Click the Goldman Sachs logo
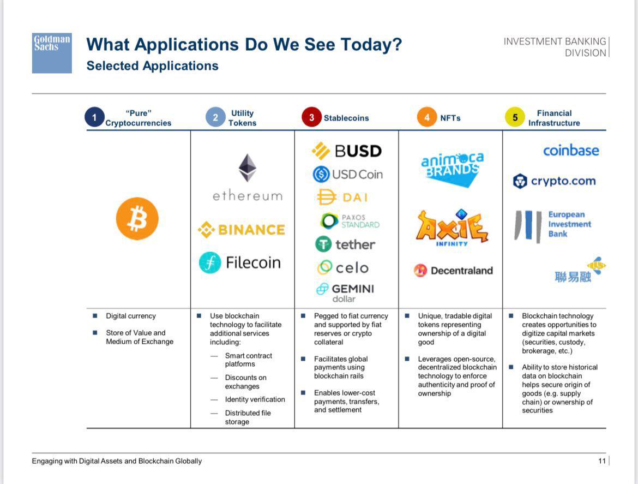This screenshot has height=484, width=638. pos(52,53)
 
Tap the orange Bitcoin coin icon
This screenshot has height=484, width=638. pos(137,219)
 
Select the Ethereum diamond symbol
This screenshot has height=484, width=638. pos(248,168)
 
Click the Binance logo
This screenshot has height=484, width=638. pos(241,230)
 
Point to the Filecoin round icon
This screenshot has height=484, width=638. pos(210,262)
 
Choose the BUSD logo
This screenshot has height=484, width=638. pos(347,151)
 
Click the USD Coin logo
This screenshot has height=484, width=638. pos(348,175)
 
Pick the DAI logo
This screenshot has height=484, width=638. pos(342,198)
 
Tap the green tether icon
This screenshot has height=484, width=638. pos(323,244)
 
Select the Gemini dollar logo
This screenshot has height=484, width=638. pos(345,293)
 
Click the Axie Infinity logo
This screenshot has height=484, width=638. pos(452,228)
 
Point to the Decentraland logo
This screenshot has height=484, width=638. pos(453,270)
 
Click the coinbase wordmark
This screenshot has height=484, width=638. pos(571,150)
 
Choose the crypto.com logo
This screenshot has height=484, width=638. pos(554,181)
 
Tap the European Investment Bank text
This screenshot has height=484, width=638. pos(569,224)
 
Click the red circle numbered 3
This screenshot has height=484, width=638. pos(312,117)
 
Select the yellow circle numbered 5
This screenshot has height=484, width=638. pos(515,117)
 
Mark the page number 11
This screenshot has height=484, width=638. pos(602,461)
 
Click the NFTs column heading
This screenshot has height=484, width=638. pos(450,118)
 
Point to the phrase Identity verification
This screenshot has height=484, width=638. pos(255,399)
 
